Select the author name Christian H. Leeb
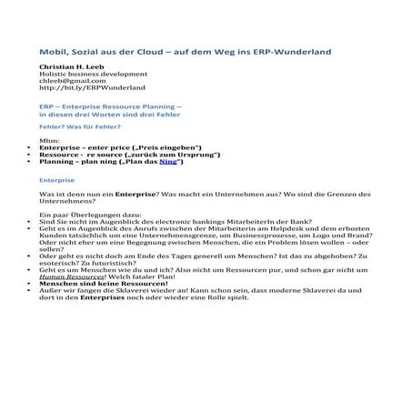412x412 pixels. [x=77, y=69]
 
